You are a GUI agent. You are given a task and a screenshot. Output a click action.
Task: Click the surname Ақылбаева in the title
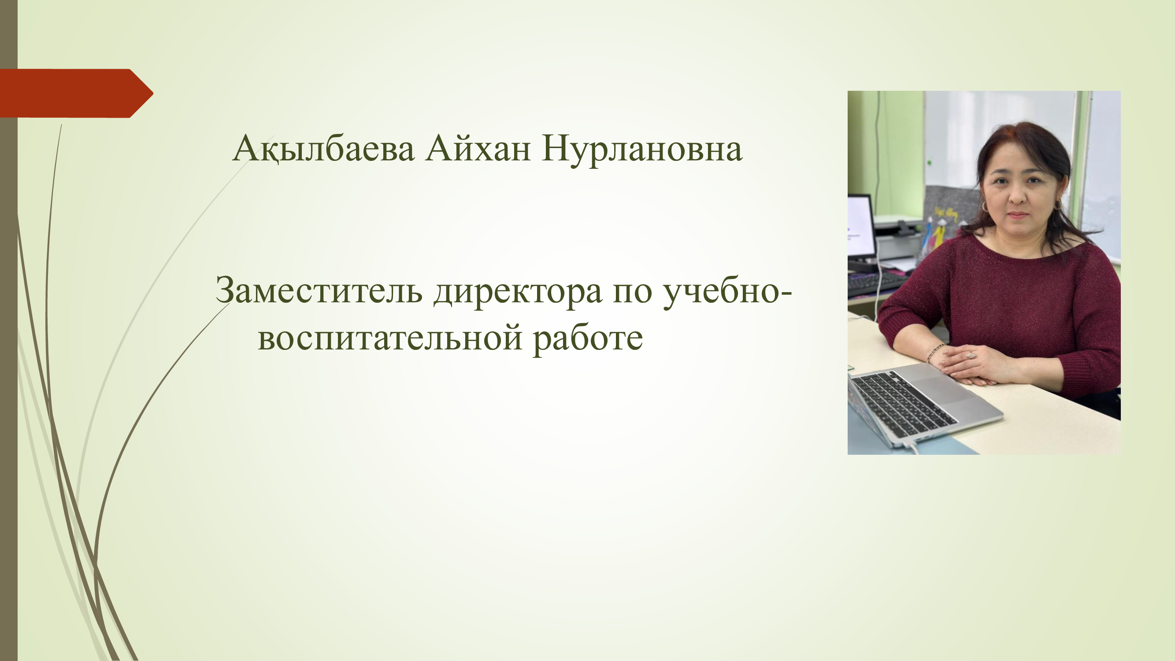(323, 149)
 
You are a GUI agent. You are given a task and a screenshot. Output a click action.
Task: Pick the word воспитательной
(390, 338)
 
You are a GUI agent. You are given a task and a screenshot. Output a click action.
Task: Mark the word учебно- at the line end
(727, 293)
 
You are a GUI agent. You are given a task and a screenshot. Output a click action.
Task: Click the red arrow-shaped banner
(76, 93)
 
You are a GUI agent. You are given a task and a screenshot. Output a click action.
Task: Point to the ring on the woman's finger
(970, 355)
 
